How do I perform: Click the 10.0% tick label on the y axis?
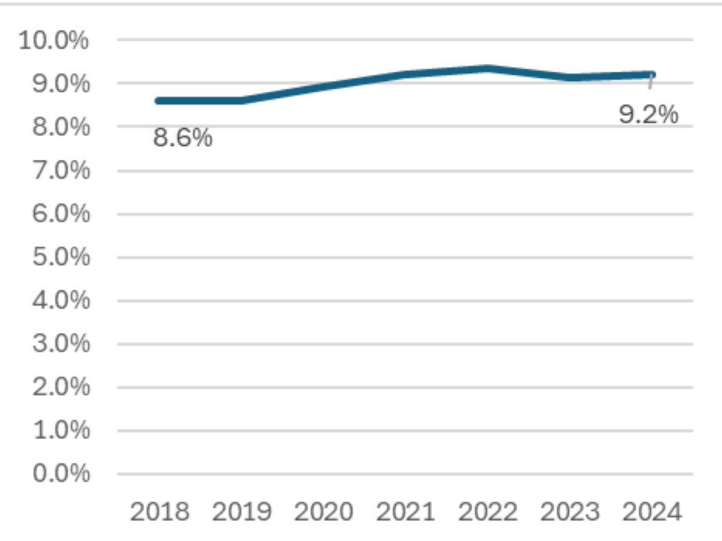click(x=53, y=40)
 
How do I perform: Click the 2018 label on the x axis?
click(x=159, y=512)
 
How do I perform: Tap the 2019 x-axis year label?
click(x=241, y=512)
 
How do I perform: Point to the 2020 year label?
click(x=323, y=512)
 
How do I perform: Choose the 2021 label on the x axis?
click(x=405, y=512)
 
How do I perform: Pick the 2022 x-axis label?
click(x=488, y=512)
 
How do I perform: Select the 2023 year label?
click(x=570, y=512)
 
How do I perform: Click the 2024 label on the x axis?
click(x=652, y=512)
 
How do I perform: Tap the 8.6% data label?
click(x=183, y=139)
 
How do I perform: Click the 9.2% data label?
click(x=648, y=115)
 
